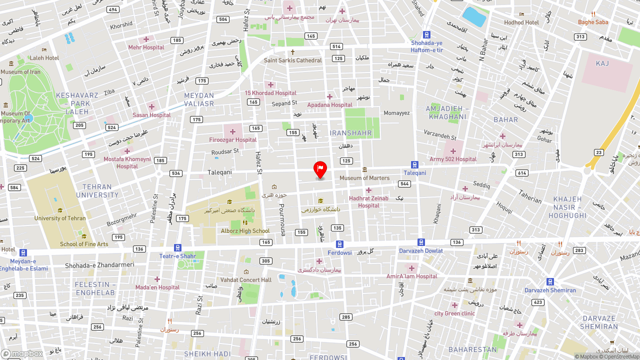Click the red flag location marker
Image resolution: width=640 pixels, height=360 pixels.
click(x=320, y=169)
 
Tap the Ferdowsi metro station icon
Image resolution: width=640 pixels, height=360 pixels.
click(x=339, y=244)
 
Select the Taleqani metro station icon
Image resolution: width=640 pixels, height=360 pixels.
click(x=414, y=164)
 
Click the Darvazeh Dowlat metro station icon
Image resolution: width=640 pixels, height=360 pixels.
click(x=421, y=242)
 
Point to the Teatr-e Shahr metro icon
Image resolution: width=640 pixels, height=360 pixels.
click(x=177, y=247)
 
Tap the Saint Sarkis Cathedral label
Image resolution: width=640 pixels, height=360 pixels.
click(x=293, y=60)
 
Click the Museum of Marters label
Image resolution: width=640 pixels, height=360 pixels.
click(x=364, y=178)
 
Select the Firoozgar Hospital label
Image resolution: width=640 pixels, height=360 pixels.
click(x=233, y=140)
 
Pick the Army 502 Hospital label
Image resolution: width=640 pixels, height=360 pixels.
click(x=453, y=159)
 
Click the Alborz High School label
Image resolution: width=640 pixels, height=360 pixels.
click(x=245, y=231)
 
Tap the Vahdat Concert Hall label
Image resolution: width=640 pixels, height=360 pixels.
click(x=246, y=280)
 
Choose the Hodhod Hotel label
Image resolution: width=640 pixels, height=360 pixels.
click(x=521, y=22)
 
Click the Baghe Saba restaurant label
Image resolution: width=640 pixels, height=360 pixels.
click(x=593, y=22)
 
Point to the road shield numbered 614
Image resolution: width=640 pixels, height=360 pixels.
click(x=522, y=173)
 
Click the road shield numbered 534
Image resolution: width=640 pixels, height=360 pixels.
click(x=175, y=173)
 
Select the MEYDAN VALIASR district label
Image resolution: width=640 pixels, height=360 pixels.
click(x=199, y=99)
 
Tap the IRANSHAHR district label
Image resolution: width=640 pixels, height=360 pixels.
click(x=351, y=133)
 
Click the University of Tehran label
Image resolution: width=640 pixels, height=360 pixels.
click(x=60, y=218)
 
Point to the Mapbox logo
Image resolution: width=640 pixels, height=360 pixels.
click(x=22, y=353)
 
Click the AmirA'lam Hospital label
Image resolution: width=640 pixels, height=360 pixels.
click(x=411, y=276)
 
